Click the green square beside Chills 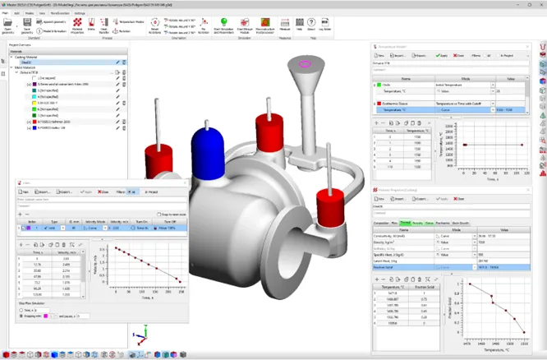click(377, 85)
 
